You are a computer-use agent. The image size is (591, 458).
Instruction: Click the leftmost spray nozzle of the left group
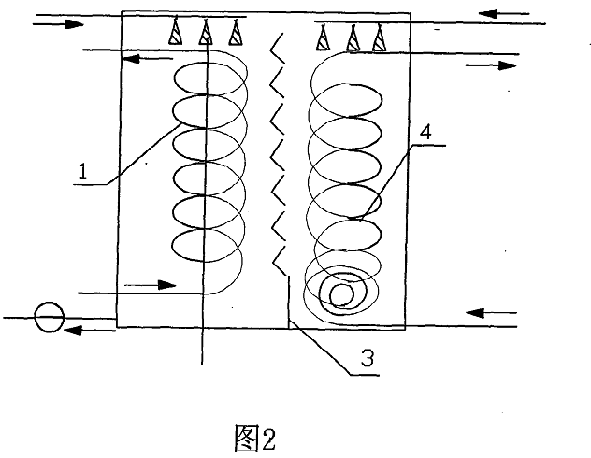click(x=175, y=34)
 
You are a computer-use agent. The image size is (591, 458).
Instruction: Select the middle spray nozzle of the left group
click(x=205, y=34)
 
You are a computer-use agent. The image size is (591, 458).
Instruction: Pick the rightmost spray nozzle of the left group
click(x=235, y=34)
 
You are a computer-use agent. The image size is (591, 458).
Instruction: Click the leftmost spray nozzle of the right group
click(x=324, y=38)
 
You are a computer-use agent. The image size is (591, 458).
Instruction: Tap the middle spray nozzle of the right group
click(x=353, y=38)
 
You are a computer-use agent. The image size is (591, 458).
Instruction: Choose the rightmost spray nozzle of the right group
click(x=379, y=38)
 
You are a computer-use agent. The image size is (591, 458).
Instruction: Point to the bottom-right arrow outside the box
click(x=491, y=311)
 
